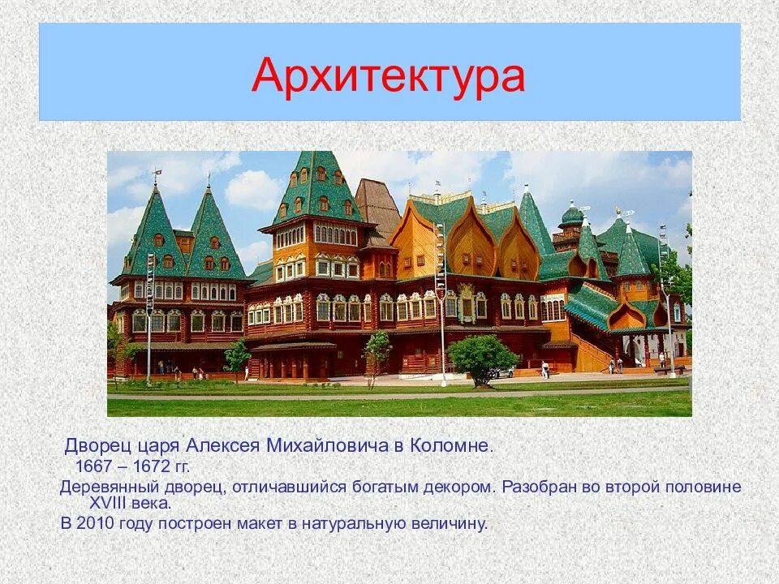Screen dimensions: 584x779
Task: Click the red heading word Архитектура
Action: tap(388, 76)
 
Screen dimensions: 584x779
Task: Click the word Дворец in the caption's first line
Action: tap(93, 446)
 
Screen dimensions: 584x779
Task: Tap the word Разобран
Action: tap(535, 487)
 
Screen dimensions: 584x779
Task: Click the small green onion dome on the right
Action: tap(572, 215)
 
